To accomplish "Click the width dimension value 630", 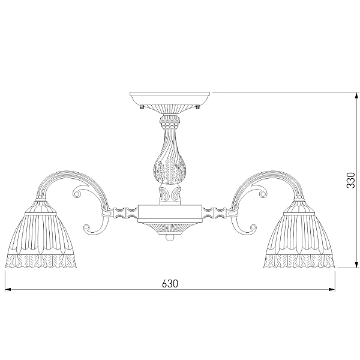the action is [x=170, y=284].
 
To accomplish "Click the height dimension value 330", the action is [x=350, y=181].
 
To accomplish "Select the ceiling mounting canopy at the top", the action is [x=170, y=103].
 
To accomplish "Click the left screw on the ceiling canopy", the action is [x=142, y=107].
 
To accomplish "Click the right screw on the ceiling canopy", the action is [x=197, y=107].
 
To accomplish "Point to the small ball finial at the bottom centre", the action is [x=170, y=238].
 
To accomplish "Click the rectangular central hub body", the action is [x=170, y=214].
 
